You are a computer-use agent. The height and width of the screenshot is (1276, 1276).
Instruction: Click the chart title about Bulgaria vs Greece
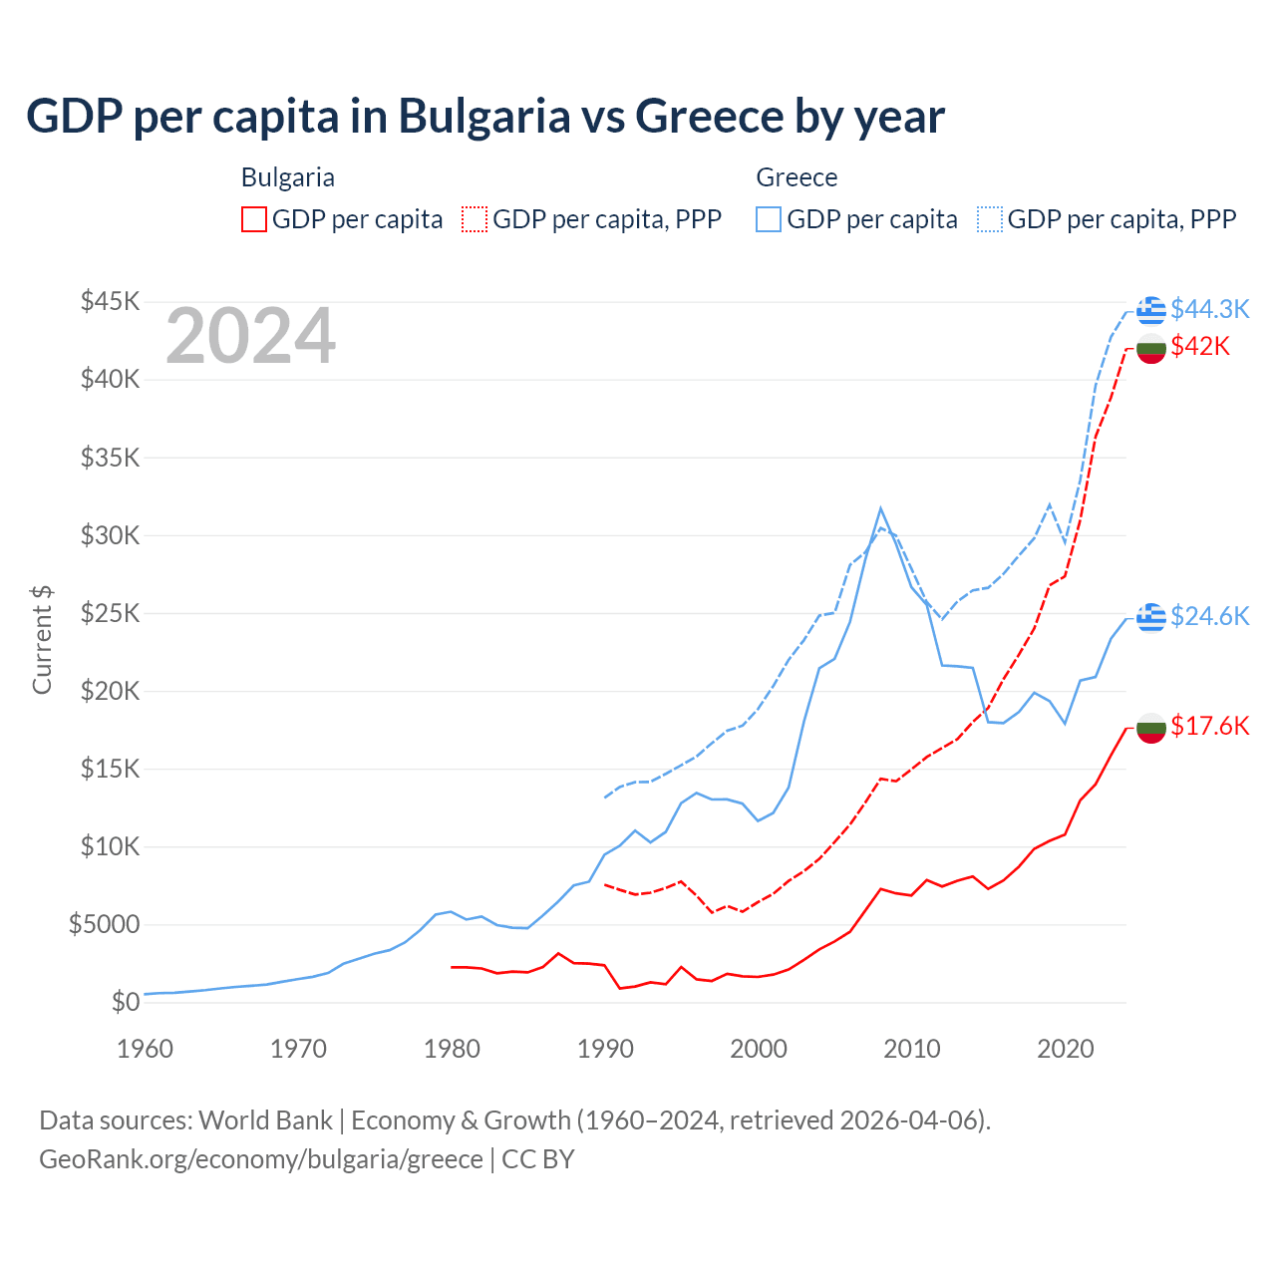click(484, 117)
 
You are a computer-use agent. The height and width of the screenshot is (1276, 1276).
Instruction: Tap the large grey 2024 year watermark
click(250, 337)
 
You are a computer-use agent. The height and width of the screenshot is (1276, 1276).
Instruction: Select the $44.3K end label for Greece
click(1209, 309)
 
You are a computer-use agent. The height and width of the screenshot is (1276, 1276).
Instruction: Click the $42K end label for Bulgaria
click(1200, 346)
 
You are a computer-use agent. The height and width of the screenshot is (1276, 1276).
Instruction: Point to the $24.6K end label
click(1209, 616)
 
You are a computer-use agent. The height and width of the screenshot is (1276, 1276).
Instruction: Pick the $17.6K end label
click(1209, 726)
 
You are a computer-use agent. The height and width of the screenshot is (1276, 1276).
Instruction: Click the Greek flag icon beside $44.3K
click(1151, 310)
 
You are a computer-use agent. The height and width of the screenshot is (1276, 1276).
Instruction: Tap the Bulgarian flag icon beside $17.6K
click(1151, 729)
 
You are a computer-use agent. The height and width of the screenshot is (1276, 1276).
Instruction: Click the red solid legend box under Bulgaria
click(254, 219)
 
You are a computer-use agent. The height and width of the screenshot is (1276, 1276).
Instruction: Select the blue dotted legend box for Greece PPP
click(990, 219)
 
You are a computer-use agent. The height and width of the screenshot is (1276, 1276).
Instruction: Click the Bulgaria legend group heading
click(288, 177)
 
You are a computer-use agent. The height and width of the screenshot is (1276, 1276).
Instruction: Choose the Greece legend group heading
click(797, 177)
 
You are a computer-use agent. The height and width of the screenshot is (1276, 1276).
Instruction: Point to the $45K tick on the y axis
click(110, 301)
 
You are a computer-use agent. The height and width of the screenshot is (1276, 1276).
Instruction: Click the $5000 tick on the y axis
click(104, 924)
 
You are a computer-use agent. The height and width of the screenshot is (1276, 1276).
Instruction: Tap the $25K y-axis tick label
click(110, 613)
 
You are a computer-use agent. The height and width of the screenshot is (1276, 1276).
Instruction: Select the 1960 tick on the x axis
click(146, 1049)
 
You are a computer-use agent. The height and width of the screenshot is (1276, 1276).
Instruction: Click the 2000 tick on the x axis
click(759, 1049)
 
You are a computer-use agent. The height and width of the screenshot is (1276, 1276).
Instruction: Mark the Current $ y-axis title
click(42, 640)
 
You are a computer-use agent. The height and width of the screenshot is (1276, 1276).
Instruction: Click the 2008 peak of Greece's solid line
click(880, 508)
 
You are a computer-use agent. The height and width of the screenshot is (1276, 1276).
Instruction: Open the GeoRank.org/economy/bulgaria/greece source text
click(261, 1159)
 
